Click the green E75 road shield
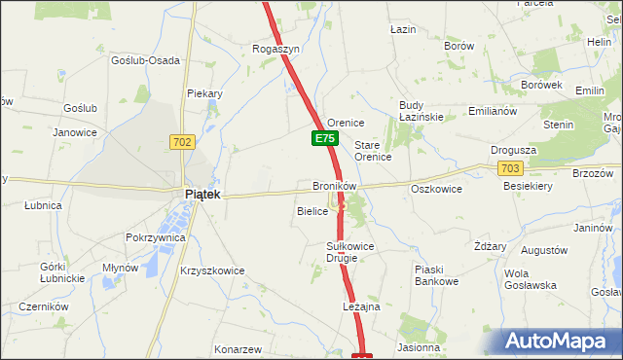325,139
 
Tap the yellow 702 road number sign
182,142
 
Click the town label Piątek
203,195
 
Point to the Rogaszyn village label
275,49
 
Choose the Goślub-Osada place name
145,60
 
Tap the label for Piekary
205,94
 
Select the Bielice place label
311,210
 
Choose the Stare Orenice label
372,150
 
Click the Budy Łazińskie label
421,111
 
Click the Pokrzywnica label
156,237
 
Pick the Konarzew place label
239,349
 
